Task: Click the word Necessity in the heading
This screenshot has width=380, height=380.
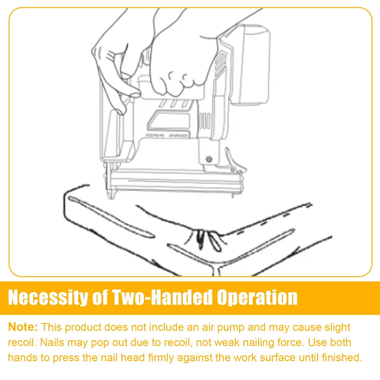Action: (48, 297)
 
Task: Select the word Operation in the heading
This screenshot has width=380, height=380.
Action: (257, 297)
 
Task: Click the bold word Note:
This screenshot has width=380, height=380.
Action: (23, 327)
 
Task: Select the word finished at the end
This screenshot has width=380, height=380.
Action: (342, 357)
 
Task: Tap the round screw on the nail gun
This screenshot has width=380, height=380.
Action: (209, 159)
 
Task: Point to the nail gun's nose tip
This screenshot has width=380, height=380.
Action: (111, 195)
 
